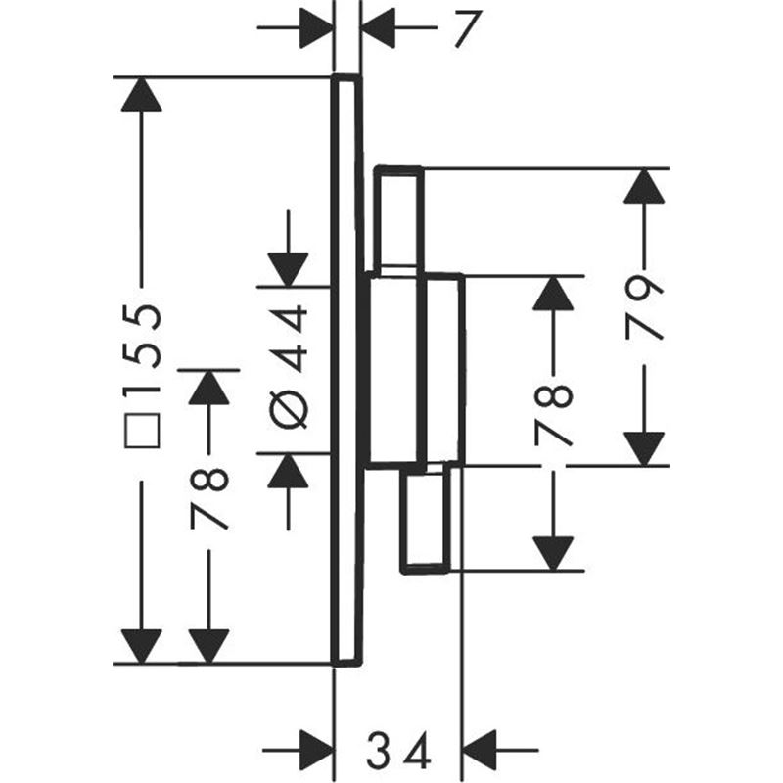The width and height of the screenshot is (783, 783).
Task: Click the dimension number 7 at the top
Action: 467,29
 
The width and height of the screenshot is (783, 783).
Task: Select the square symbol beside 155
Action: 143,431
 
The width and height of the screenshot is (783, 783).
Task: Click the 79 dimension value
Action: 644,307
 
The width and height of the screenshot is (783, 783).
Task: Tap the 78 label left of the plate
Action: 209,498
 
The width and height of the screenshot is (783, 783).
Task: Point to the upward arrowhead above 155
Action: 142,94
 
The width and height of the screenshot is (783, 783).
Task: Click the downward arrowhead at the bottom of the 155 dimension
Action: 142,647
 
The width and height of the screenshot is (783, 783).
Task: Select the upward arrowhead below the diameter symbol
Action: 288,471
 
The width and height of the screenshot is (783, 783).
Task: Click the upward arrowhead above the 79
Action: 644,186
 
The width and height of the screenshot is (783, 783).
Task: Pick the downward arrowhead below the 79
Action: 644,449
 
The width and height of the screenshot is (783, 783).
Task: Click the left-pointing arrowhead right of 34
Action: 481,750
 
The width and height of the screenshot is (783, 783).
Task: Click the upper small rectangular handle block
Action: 399,219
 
